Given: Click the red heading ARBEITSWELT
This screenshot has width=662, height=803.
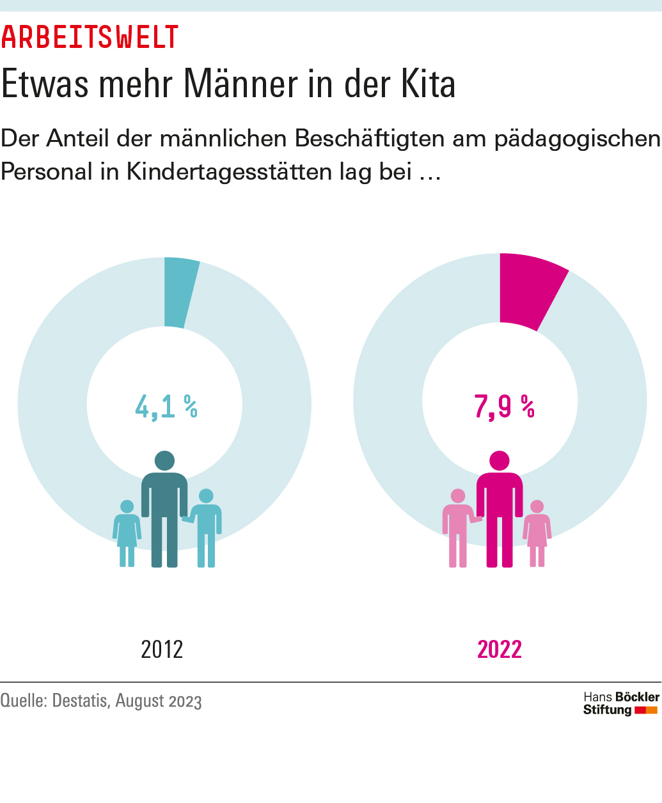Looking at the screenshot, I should click(x=90, y=38).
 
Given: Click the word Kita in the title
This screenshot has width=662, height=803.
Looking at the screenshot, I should click(x=428, y=84).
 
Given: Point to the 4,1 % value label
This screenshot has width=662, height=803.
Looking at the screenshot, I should click(x=166, y=406).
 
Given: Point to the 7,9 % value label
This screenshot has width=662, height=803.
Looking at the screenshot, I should click(x=504, y=406).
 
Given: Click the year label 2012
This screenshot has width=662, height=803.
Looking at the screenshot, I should click(x=162, y=649).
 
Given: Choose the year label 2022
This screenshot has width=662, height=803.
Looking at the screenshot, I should click(x=500, y=649).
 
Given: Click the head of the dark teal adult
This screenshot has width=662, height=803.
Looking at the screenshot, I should click(x=164, y=460).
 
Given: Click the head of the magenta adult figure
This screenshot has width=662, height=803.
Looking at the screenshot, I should click(x=500, y=460).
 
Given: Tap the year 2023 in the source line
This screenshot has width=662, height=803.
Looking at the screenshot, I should click(x=185, y=701).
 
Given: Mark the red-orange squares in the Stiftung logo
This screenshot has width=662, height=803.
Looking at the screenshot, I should click(x=646, y=710).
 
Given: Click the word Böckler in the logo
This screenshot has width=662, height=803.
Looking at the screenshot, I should click(x=636, y=697).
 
